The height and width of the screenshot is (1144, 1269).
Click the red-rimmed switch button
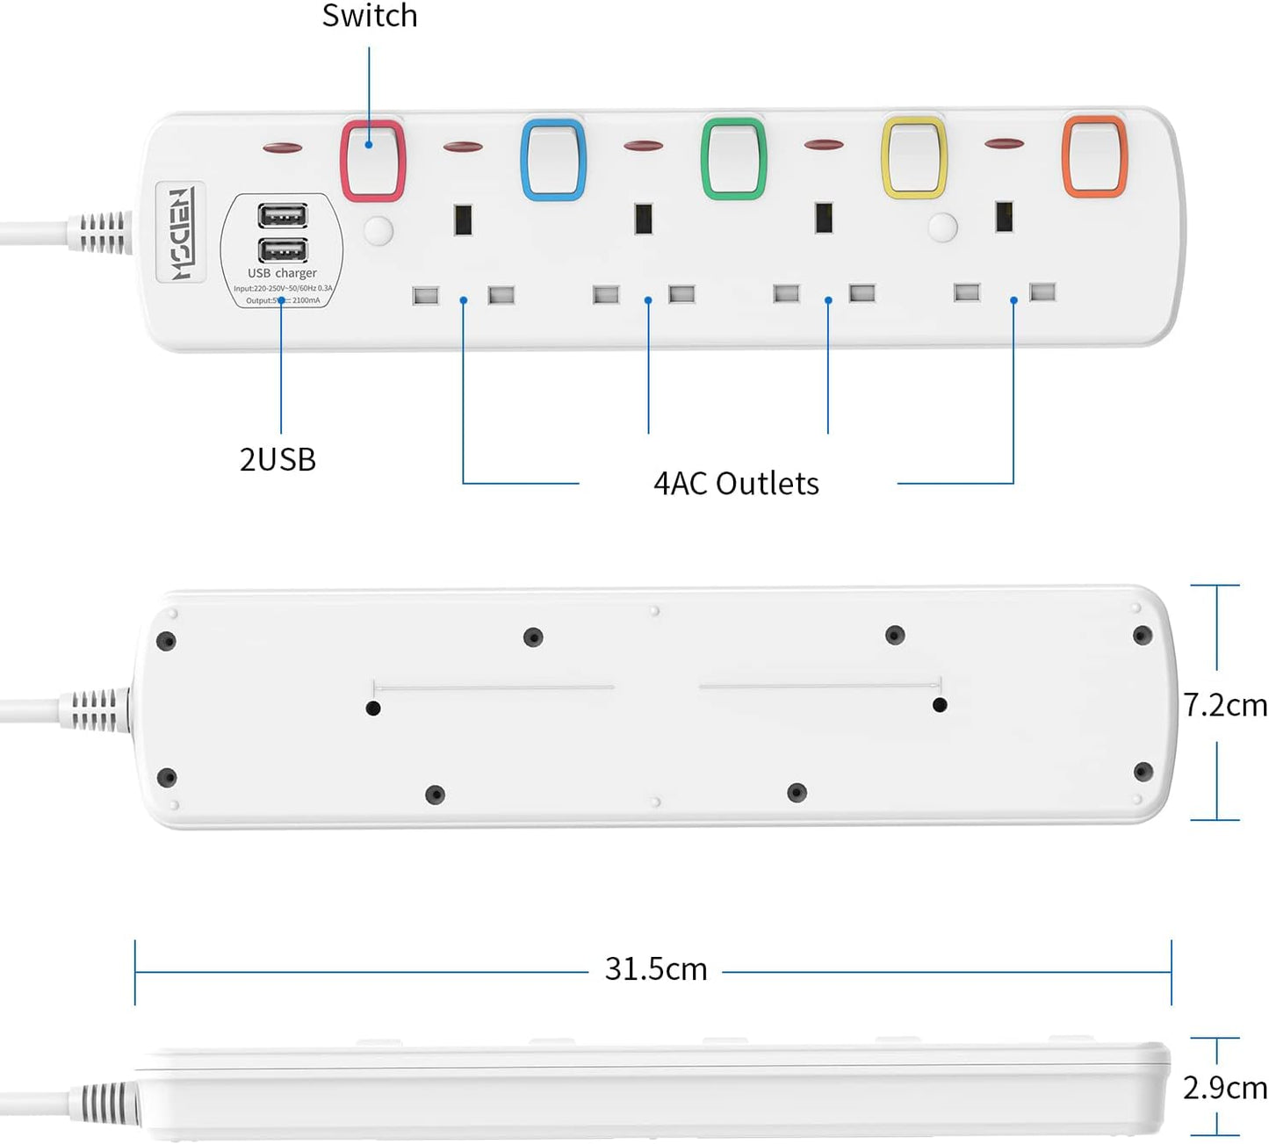[373, 161]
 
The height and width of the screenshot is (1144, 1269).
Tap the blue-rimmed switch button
[553, 159]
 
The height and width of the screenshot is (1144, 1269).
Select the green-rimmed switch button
[733, 158]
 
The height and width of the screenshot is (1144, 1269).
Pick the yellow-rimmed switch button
[914, 158]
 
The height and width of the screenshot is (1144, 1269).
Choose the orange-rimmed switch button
[1094, 155]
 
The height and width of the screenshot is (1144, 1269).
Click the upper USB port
[283, 215]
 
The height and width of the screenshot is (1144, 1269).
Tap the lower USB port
[283, 250]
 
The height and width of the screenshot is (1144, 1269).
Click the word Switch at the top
[370, 16]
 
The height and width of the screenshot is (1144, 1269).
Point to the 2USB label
[278, 459]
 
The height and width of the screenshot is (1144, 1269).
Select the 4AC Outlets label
[736, 483]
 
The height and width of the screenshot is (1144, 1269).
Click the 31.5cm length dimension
[656, 969]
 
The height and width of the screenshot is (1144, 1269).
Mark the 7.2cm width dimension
[1224, 705]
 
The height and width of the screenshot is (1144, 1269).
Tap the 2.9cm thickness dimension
[1224, 1088]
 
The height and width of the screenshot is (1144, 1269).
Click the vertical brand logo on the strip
[181, 233]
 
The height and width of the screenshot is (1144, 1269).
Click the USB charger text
[282, 273]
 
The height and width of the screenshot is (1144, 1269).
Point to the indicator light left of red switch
[283, 147]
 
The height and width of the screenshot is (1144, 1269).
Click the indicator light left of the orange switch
[1005, 143]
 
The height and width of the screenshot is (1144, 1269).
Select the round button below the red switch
[379, 231]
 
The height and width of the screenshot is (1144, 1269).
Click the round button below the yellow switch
[942, 227]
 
